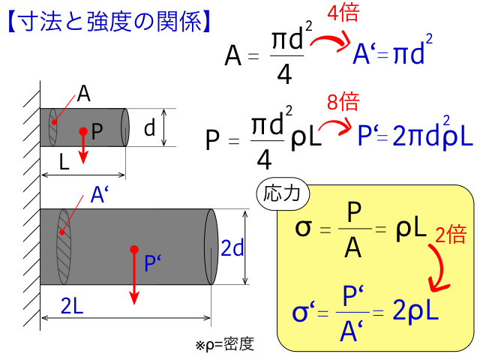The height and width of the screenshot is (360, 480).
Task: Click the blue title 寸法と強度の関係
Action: tap(110, 22)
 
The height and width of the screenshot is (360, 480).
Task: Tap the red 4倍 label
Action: tap(343, 13)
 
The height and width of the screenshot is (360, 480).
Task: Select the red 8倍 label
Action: tap(343, 101)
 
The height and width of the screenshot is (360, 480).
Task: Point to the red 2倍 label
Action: tap(451, 235)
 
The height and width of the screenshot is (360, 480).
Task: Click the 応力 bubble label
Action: tap(283, 193)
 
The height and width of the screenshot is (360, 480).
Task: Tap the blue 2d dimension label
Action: tap(232, 248)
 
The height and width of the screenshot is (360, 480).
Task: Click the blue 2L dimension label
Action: tap(72, 305)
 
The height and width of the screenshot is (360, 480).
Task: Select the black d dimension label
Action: tap(150, 127)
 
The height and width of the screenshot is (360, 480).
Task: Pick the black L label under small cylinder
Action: tap(64, 162)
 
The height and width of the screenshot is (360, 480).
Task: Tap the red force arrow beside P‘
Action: tap(134, 275)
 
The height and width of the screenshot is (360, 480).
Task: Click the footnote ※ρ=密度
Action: tap(225, 345)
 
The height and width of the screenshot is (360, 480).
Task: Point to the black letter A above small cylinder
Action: tap(83, 93)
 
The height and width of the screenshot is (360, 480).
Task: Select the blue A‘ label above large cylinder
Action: tap(100, 194)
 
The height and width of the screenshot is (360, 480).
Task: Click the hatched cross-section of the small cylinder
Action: tap(53, 127)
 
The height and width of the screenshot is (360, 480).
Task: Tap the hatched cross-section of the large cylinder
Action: tap(64, 247)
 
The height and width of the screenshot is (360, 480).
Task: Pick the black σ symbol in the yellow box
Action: tap(303, 228)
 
